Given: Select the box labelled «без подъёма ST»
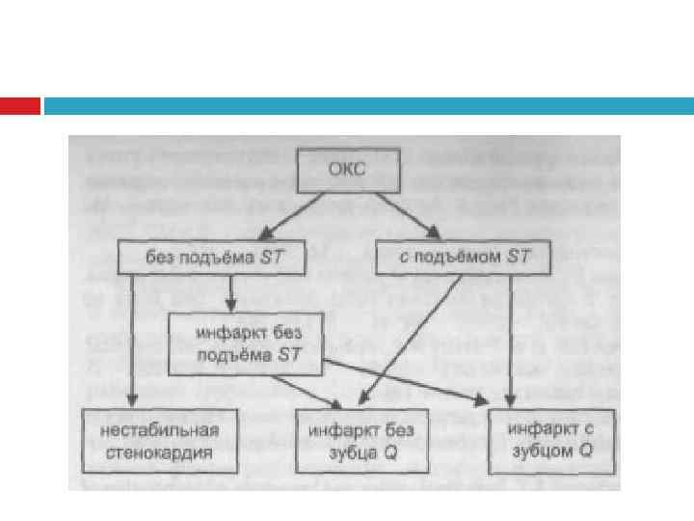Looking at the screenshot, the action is pyautogui.click(x=213, y=258).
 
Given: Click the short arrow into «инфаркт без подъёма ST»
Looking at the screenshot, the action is pyautogui.click(x=230, y=291).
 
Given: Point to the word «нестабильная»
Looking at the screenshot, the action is pyautogui.click(x=159, y=430).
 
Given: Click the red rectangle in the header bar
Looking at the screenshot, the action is pyautogui.click(x=19, y=106).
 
